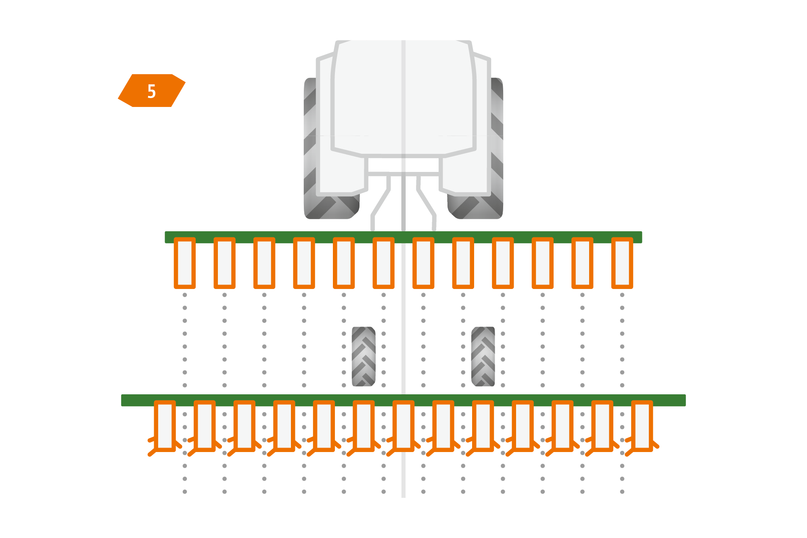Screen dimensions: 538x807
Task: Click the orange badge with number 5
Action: pyautogui.click(x=152, y=91)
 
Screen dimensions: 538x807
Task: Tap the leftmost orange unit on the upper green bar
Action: pyautogui.click(x=184, y=263)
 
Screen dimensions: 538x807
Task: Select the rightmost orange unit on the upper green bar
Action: pyautogui.click(x=622, y=263)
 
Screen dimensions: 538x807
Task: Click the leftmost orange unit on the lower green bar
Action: pyautogui.click(x=165, y=426)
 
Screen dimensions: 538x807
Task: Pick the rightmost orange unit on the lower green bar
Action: pyautogui.click(x=642, y=426)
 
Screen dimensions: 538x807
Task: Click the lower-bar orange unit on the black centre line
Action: pyautogui.click(x=403, y=426)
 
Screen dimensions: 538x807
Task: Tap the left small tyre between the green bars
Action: pyautogui.click(x=364, y=356)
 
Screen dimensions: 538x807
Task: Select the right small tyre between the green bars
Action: pyautogui.click(x=483, y=356)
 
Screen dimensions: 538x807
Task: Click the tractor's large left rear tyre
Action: pyautogui.click(x=311, y=149)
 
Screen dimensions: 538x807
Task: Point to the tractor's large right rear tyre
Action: pyautogui.click(x=497, y=149)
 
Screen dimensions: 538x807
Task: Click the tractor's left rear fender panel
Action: pyautogui.click(x=341, y=174)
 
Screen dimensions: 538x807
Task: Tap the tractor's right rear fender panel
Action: pyautogui.click(x=466, y=174)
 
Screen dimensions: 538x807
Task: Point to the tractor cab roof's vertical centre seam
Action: pyautogui.click(x=403, y=97)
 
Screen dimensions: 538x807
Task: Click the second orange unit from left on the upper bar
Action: pyautogui.click(x=224, y=263)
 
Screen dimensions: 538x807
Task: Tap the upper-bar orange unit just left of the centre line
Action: pyautogui.click(x=383, y=263)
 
